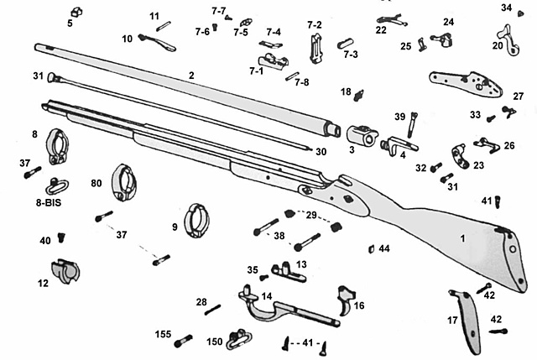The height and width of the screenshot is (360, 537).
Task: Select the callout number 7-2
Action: tap(315, 25)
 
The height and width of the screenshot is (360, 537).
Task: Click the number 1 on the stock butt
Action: tap(461, 239)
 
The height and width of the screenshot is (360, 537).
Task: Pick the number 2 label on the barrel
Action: tap(191, 76)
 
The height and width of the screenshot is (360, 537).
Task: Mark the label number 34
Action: tap(506, 8)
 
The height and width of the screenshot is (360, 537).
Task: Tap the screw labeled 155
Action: tap(185, 342)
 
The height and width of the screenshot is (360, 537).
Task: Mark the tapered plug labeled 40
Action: tap(61, 240)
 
